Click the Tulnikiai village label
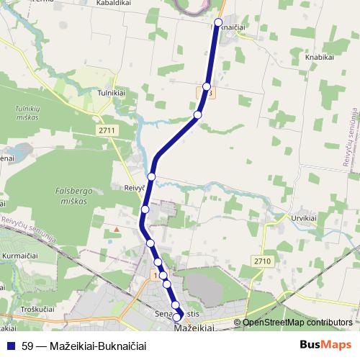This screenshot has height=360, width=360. pyautogui.click(x=111, y=94)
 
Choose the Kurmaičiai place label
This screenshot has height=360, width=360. pyautogui.click(x=19, y=255)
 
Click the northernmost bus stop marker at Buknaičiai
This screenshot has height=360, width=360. pyautogui.click(x=218, y=23)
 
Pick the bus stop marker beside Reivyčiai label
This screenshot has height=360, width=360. pyautogui.click(x=152, y=176)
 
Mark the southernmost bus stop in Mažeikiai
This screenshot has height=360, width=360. pyautogui.click(x=177, y=317)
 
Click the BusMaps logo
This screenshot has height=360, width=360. pyautogui.click(x=325, y=345)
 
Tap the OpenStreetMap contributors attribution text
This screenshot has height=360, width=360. pyautogui.click(x=297, y=323)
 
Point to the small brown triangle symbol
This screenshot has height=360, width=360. pyautogui.click(x=116, y=230)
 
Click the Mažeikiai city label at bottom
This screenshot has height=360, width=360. pyautogui.click(x=194, y=328)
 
